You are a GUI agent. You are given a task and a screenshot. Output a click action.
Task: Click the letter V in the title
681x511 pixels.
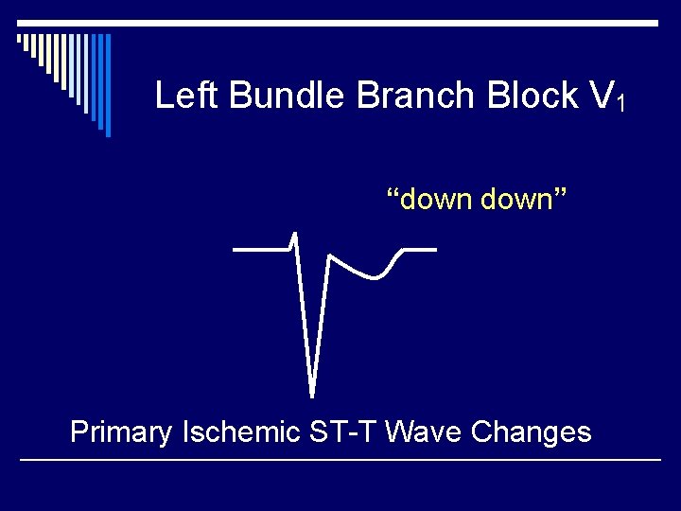tap(600, 96)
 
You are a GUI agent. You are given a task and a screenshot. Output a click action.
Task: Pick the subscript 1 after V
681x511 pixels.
tap(620, 103)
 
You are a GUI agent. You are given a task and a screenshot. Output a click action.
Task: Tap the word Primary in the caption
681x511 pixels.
tap(121, 432)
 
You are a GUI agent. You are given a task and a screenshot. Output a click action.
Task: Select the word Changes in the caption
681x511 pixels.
tap(531, 432)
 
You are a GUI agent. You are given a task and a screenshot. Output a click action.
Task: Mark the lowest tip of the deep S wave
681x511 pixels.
tap(312, 394)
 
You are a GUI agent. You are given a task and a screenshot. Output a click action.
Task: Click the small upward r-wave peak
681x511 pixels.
tap(295, 234)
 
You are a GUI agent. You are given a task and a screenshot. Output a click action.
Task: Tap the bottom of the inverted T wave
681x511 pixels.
tap(375, 277)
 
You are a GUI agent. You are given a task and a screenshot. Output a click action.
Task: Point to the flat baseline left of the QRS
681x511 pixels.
tap(260, 249)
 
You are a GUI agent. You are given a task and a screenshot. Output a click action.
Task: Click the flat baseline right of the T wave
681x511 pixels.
tap(421, 250)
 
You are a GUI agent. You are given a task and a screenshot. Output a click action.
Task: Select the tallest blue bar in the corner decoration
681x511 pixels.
tap(108, 85)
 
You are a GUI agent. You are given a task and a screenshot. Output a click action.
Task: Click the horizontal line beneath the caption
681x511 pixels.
tap(340, 460)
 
